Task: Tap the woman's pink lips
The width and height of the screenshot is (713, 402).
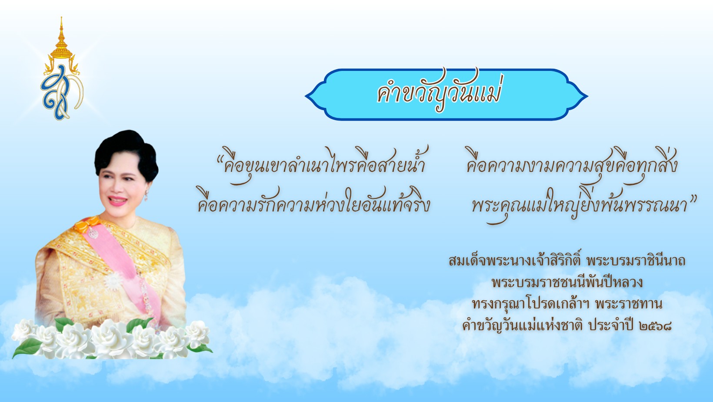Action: pyautogui.click(x=117, y=201)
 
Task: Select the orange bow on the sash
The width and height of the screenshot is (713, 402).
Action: pyautogui.click(x=85, y=224)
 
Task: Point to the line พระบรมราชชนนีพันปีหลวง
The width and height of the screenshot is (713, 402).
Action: pyautogui.click(x=567, y=282)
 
